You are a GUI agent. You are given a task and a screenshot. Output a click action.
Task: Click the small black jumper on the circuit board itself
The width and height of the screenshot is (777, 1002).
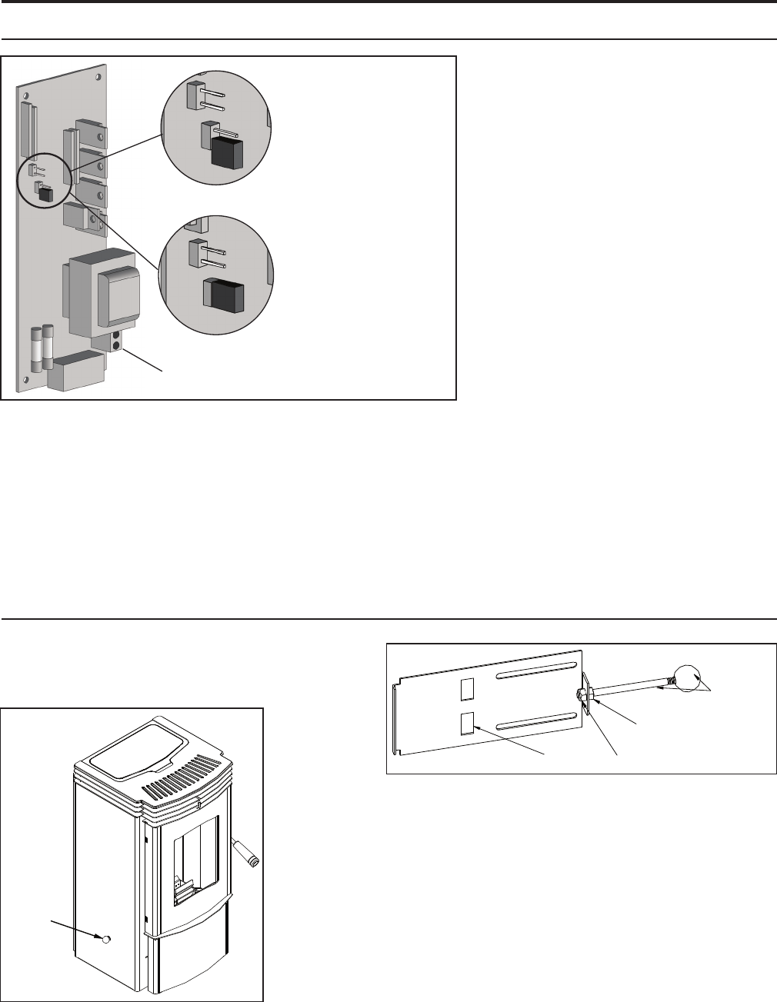(47, 195)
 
